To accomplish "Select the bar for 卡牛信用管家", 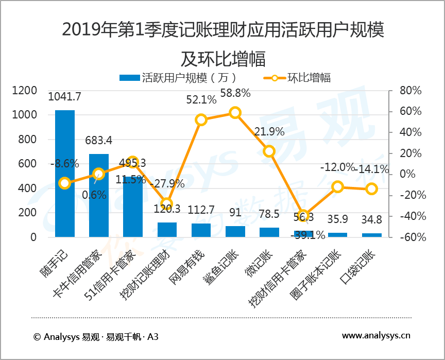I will [99, 195].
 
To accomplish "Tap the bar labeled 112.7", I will [201, 230].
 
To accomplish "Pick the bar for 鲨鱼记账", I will [235, 231].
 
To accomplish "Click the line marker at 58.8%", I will [235, 113].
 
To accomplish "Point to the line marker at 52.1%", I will [201, 120].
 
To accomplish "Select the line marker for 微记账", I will [269, 151].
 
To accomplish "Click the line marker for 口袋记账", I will [371, 189].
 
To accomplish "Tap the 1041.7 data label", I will [64, 96].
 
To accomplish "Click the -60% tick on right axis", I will [410, 237].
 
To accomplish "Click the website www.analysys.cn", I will [376, 336].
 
